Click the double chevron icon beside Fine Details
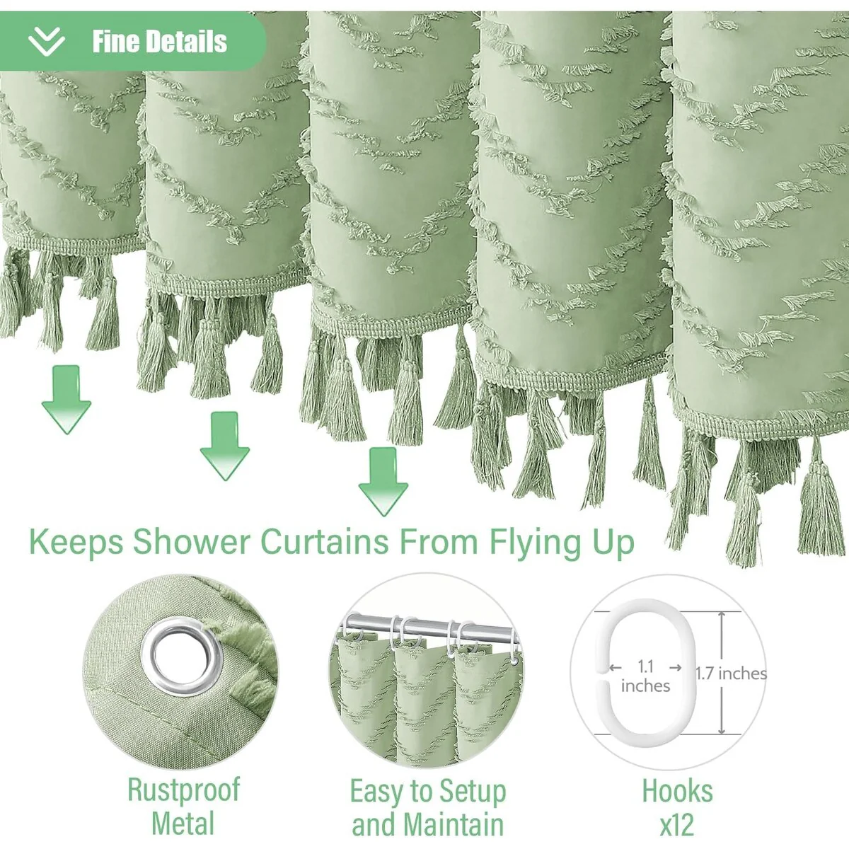46,42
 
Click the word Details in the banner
187,42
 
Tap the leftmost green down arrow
66,399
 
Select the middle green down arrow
225,446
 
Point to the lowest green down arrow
383,482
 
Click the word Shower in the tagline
192,541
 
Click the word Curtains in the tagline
325,541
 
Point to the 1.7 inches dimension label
731,674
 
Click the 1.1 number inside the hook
645,666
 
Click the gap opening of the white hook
601,676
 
